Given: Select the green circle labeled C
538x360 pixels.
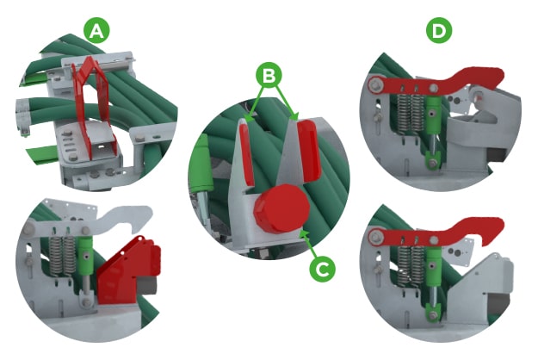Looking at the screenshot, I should click(321, 268).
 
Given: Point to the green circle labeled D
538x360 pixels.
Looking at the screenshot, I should click(439, 32).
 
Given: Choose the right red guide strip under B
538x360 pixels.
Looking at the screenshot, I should click(307, 149).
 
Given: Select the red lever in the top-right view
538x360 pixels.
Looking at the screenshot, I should click(430, 82).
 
